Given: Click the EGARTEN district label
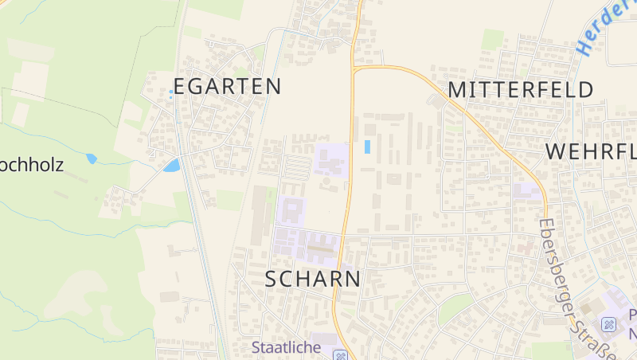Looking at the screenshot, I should coord(227,86).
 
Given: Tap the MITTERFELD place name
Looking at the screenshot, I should coord(521,89).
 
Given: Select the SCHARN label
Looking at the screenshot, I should coord(312,279).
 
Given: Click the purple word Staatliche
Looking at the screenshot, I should coord(286,347).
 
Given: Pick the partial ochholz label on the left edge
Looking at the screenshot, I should coord(32,166).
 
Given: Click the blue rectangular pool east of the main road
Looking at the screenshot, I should coord(367,147).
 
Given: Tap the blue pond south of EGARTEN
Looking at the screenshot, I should coord(171,166).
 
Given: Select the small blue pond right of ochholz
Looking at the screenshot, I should coord(92,158).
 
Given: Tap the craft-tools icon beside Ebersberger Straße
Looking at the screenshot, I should coord(609,324).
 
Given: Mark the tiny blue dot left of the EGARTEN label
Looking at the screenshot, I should coord(170,92).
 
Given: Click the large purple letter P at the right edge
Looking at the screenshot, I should coord(632,314).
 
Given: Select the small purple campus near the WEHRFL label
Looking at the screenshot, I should coord(526,192).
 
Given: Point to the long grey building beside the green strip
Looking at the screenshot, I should coord(260,216).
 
